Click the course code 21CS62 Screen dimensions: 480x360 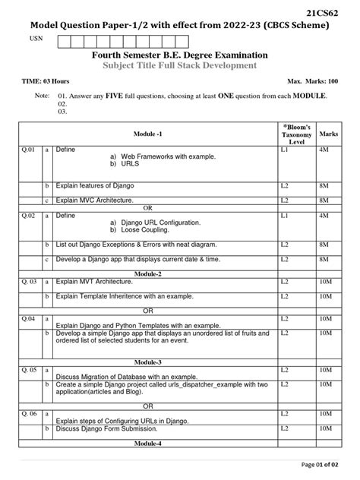331,13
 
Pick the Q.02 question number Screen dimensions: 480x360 28,216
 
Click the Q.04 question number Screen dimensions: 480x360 28,317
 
